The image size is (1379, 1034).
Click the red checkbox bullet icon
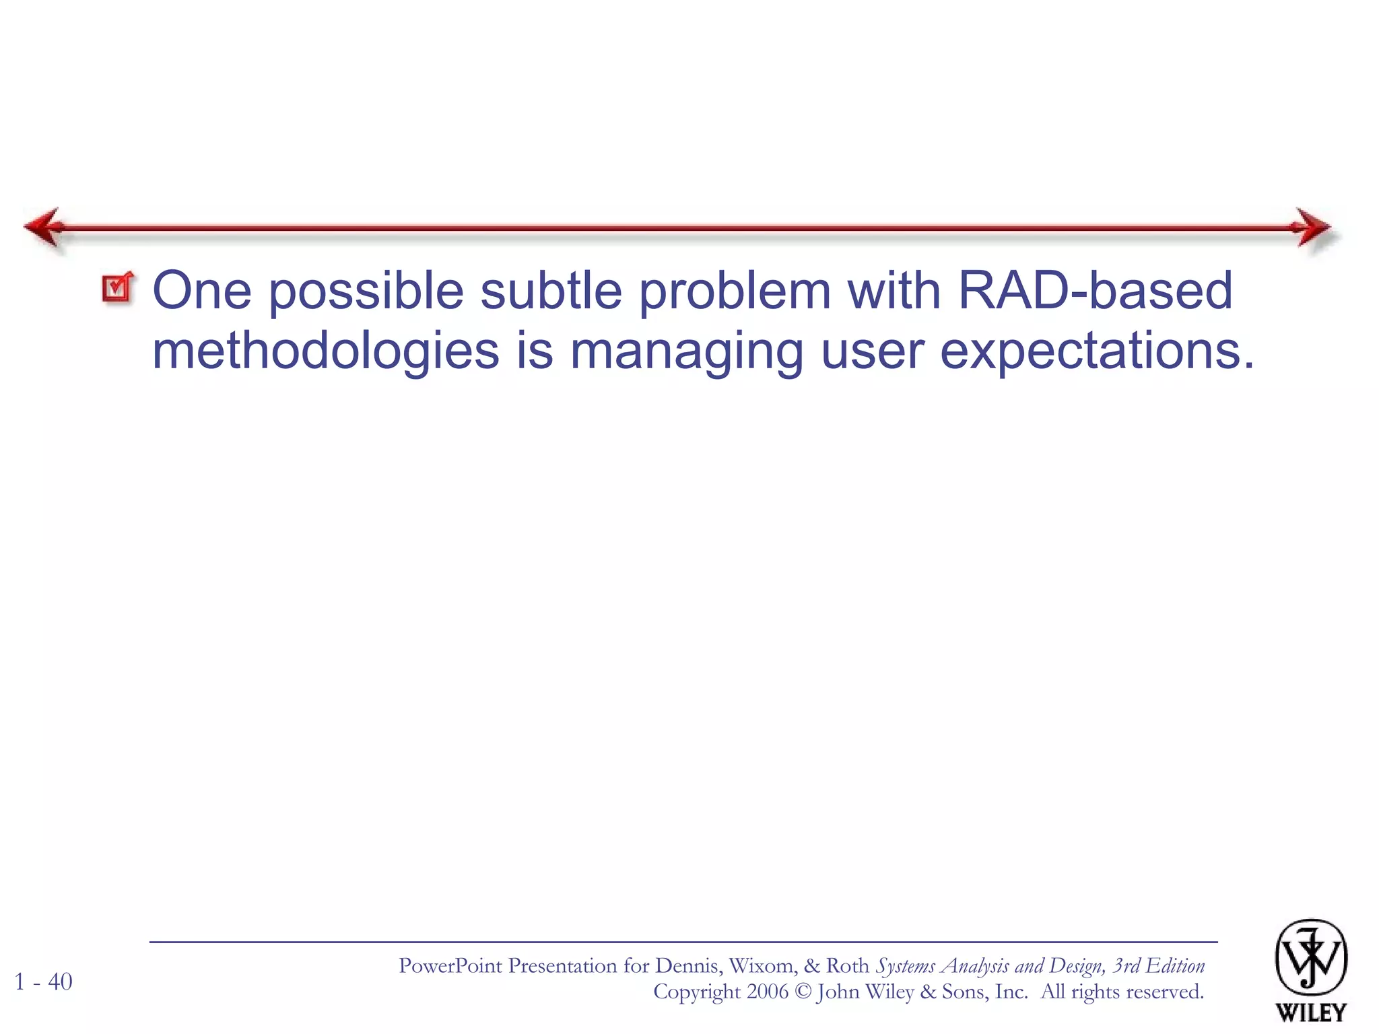(118, 289)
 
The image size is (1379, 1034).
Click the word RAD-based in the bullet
(1095, 291)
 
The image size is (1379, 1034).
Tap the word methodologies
(326, 351)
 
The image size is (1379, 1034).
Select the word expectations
(1096, 351)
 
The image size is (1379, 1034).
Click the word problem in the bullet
(734, 291)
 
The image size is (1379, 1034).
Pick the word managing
(686, 351)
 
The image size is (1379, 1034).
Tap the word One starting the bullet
(202, 291)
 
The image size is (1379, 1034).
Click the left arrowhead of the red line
(44, 228)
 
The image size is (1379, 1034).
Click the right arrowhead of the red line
(1310, 228)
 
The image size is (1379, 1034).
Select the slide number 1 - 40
(43, 981)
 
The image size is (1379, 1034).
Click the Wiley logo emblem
(1310, 958)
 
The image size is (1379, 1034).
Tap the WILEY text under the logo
(1310, 1012)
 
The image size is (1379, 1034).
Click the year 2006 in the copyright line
(767, 992)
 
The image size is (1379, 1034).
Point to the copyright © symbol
(803, 992)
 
